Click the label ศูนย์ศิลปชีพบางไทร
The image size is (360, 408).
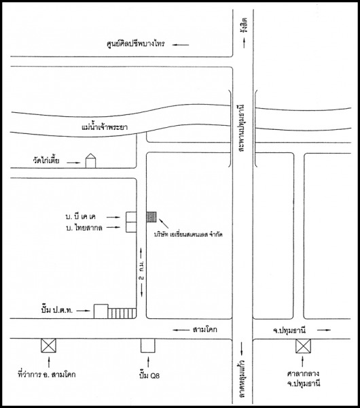click(136, 44)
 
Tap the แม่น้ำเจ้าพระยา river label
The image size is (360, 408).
click(105, 127)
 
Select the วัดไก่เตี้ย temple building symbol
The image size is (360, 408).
click(91, 160)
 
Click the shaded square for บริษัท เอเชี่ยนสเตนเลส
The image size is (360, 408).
click(151, 217)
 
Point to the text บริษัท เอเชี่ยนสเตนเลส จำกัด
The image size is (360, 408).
click(188, 235)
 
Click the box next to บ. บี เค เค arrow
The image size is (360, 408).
click(131, 217)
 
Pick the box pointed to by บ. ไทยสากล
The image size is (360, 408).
click(131, 227)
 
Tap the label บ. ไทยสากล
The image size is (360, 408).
click(84, 228)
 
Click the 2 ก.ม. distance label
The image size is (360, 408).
click(142, 271)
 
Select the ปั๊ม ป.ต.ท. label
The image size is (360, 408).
click(57, 310)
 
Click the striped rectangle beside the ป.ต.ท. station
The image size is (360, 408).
click(122, 313)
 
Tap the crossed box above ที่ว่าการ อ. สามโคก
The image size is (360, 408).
click(49, 345)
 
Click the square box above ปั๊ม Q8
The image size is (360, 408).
click(148, 345)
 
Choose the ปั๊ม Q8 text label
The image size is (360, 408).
click(149, 375)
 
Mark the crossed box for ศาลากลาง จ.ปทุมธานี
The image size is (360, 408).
click(304, 346)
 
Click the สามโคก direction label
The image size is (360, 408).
click(205, 330)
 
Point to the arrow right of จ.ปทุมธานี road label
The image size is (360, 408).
click(324, 330)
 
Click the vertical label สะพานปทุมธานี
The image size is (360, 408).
click(242, 128)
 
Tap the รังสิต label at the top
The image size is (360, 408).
click(244, 25)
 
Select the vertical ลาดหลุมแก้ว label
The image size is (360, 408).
click(242, 379)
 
